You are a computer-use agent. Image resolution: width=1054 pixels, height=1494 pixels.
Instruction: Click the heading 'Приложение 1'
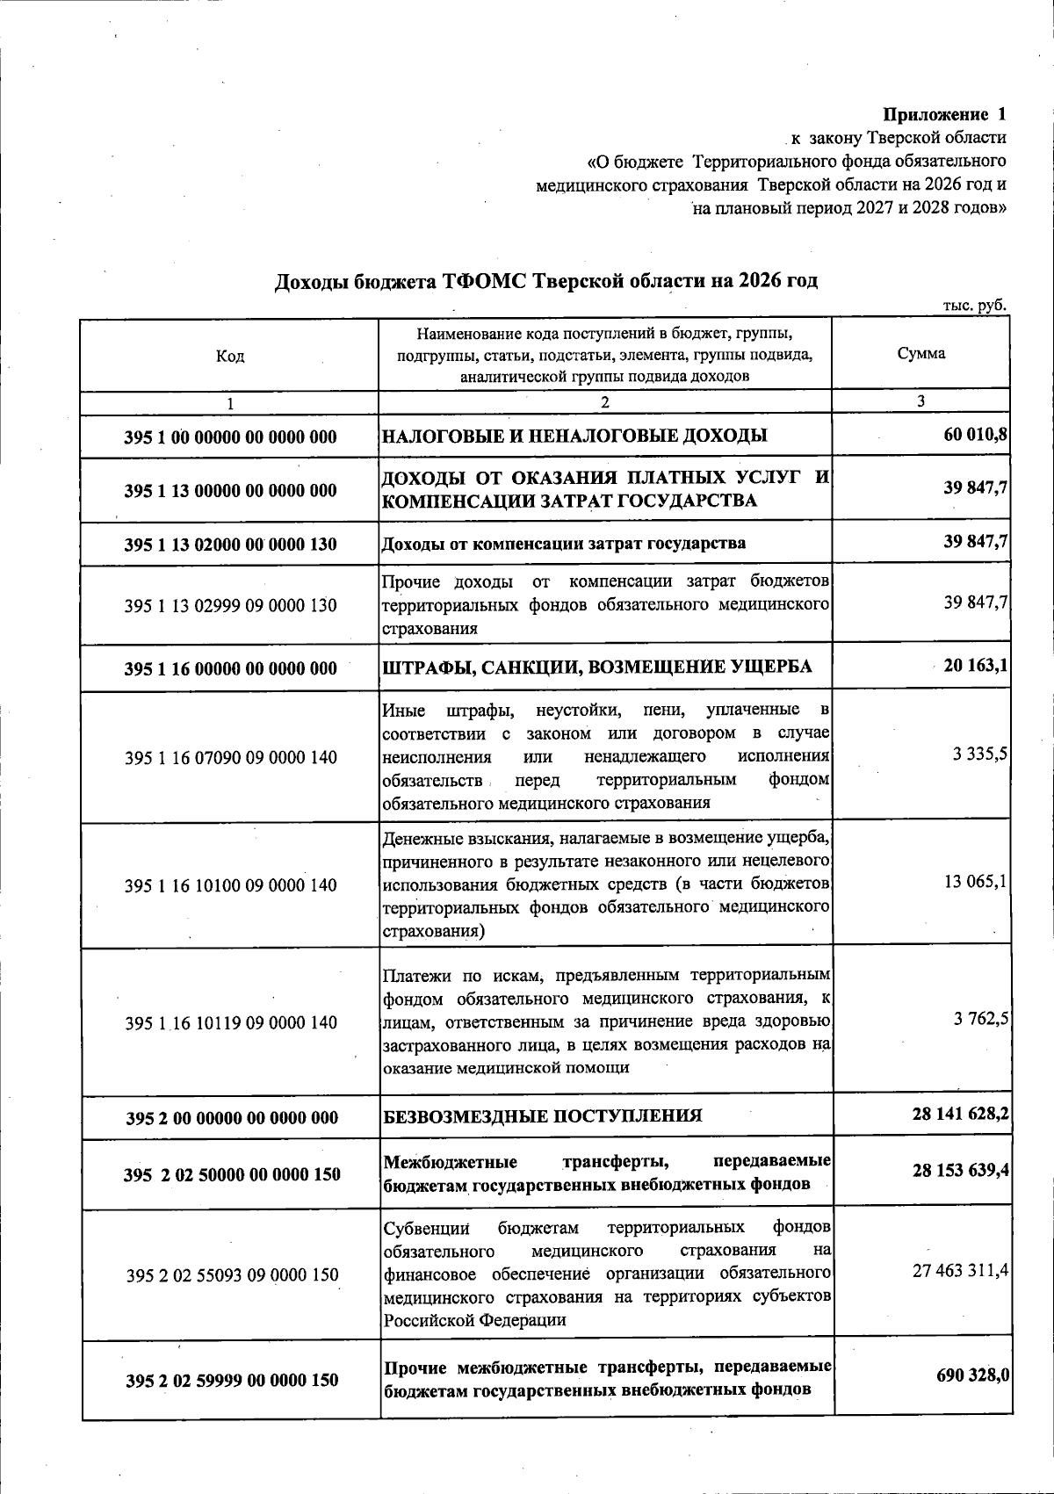[x=944, y=114]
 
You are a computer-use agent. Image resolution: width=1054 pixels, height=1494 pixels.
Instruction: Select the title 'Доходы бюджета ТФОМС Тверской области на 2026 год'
[x=546, y=281]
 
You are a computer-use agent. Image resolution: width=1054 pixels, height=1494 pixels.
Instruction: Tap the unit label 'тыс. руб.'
[x=974, y=306]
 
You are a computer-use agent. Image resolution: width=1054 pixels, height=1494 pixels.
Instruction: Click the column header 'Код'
[x=230, y=356]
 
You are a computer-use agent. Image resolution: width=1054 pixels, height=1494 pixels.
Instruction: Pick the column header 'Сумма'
[x=921, y=354]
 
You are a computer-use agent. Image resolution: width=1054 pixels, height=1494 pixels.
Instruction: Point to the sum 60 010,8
[x=975, y=435]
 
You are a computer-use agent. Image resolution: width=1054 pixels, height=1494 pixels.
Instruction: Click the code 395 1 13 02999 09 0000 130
[x=231, y=605]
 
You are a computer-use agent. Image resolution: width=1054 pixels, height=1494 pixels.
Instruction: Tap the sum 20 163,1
[x=975, y=667]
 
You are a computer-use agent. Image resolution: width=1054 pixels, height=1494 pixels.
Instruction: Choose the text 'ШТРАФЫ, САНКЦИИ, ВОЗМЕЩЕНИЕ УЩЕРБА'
[x=597, y=668]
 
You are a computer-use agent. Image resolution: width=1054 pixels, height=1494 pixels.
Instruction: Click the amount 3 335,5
[x=979, y=754]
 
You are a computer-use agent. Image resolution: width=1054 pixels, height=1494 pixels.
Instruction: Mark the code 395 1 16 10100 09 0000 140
[x=231, y=885]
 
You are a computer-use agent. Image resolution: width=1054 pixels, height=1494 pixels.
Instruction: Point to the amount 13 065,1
[x=975, y=881]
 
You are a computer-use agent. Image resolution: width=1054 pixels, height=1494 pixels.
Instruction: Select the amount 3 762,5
[x=980, y=1018]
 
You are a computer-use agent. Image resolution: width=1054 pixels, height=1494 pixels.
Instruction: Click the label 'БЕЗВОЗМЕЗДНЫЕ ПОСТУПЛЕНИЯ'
[x=543, y=1116]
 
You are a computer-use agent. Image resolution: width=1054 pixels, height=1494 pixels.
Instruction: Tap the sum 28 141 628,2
[x=960, y=1114]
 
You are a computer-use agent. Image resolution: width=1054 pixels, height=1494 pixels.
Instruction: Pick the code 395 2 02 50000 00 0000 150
[x=233, y=1174]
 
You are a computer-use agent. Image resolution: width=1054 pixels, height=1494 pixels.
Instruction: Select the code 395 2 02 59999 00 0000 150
[x=232, y=1381]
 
